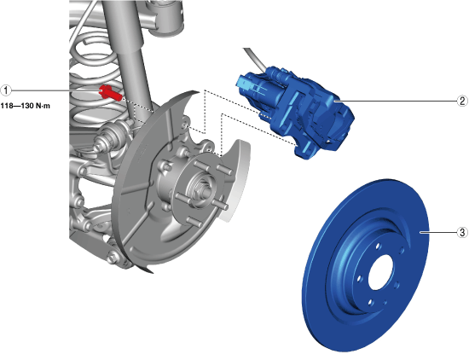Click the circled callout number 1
pos(6,90)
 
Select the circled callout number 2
pos(462,101)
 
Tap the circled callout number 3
pos(462,232)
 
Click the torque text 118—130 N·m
pos(25,106)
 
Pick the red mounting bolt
pos(110,92)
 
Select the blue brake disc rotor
pos(366,266)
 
